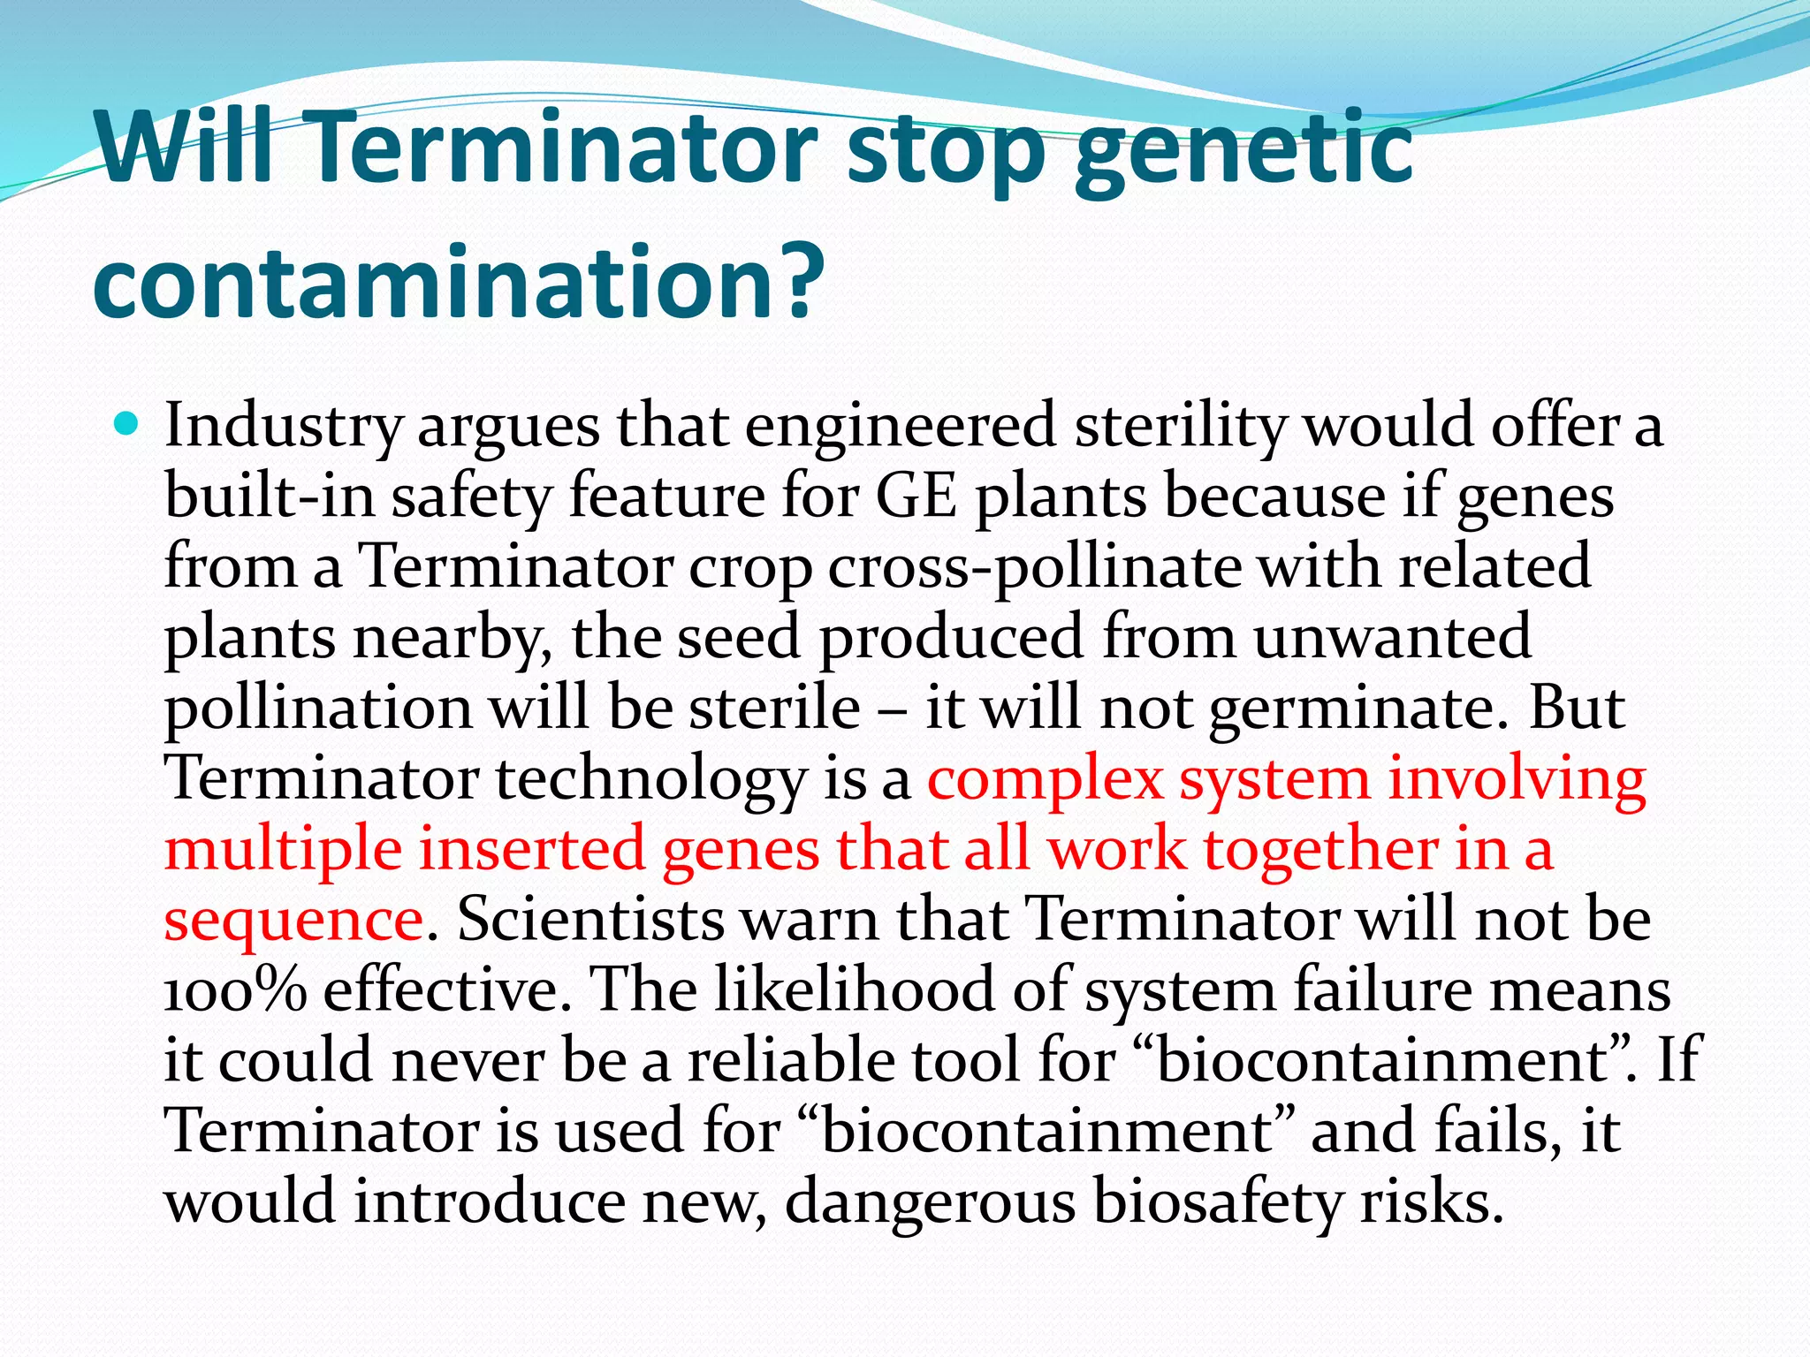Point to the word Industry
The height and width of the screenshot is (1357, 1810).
[x=283, y=427]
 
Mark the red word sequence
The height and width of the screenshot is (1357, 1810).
[x=293, y=921]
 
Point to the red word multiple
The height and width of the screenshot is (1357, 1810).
[x=283, y=849]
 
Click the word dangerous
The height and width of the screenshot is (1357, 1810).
[x=930, y=1203]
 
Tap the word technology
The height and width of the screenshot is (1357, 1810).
[x=650, y=780]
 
